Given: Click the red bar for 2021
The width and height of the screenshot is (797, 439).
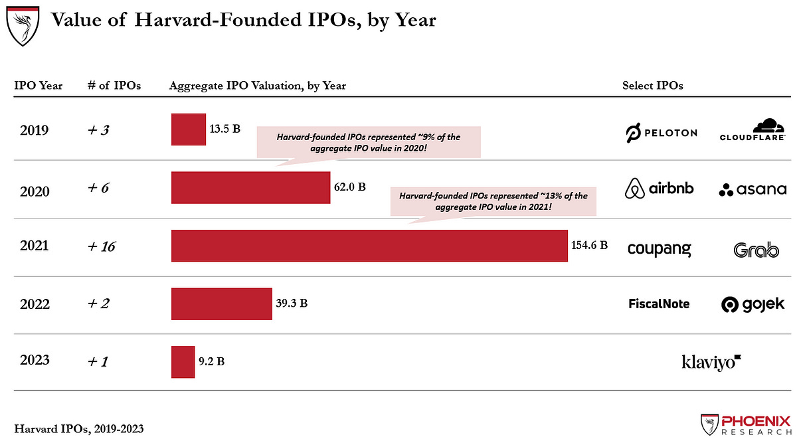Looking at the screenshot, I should [x=369, y=246].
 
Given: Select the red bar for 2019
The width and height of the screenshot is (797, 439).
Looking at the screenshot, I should [x=189, y=130].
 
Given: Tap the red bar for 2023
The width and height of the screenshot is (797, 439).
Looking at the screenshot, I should [x=183, y=362].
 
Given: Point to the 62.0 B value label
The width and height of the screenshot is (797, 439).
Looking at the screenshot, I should [x=349, y=187].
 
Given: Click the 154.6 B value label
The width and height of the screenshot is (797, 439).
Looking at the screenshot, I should [x=589, y=245].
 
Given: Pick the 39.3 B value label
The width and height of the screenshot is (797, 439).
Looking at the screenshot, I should [x=292, y=304].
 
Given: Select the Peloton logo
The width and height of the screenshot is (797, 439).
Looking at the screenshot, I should [x=661, y=133].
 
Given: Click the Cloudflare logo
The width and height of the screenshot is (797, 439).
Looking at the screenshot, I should [x=753, y=130].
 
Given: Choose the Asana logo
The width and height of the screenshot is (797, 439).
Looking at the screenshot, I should [x=752, y=189].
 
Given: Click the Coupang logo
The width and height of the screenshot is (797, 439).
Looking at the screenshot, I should [x=659, y=249].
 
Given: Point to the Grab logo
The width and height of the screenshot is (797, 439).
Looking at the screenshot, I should [x=756, y=250].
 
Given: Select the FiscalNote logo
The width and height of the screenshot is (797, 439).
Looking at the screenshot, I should [x=659, y=304].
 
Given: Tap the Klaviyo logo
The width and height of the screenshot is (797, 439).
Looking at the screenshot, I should [x=711, y=362].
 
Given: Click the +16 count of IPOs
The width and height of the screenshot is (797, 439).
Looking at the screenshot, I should [x=102, y=246].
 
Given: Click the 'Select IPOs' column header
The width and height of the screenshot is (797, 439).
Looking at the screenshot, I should [x=652, y=86].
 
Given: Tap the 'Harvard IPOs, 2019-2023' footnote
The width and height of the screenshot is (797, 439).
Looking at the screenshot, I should [x=78, y=429].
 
